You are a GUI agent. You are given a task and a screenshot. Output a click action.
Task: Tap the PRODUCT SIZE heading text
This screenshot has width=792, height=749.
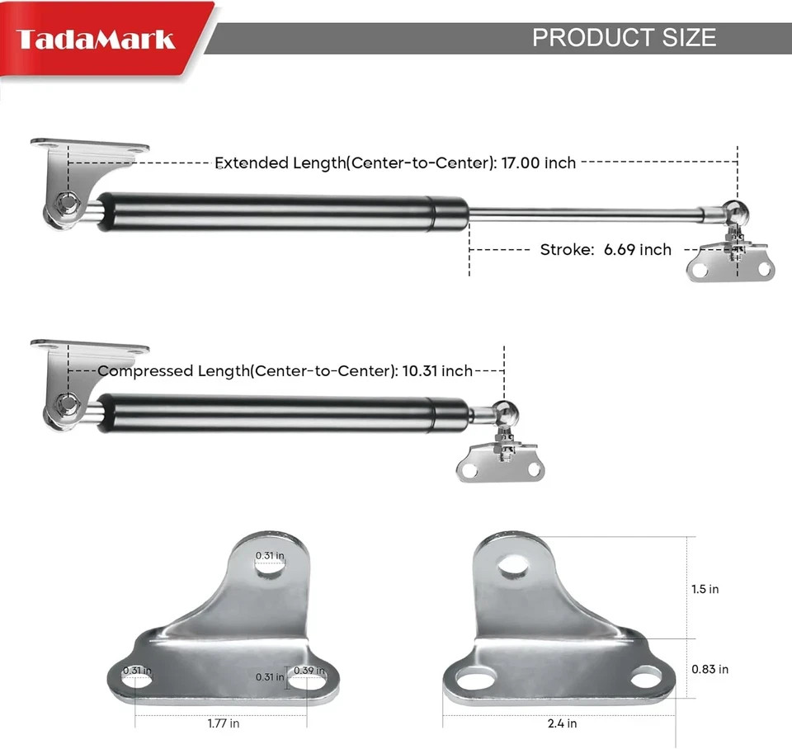point(624,37)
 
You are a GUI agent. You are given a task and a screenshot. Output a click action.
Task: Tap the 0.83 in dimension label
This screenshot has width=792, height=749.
point(709,669)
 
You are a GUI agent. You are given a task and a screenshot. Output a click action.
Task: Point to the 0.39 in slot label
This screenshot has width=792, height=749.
point(309,671)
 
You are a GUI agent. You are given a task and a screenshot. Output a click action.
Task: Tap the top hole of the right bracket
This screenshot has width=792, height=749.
point(513,565)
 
